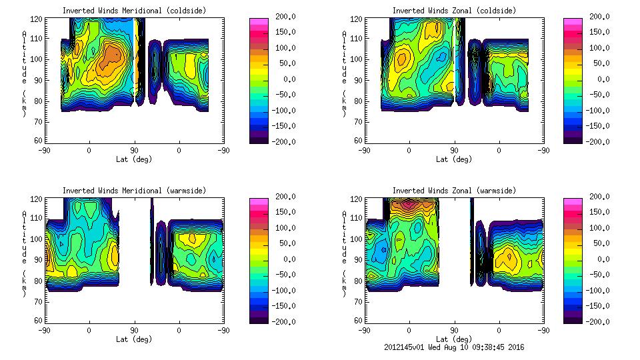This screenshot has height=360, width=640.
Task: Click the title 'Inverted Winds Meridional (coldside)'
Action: coord(134,11)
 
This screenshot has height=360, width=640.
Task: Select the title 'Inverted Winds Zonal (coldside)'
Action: coord(454,11)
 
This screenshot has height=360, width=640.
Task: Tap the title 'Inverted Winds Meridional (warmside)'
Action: coord(134,191)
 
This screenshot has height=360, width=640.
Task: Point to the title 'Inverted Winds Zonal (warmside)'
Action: coord(454,191)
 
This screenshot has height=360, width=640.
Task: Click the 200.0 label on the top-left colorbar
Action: coord(282,17)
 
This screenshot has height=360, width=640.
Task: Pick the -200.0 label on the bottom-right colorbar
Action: coord(597,321)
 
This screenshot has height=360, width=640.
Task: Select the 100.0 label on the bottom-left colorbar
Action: coord(282,228)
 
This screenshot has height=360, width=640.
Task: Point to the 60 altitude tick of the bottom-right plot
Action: coord(358,320)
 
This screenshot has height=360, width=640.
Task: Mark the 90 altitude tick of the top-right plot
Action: coord(358,80)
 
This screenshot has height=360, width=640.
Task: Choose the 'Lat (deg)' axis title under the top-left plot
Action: coord(134,159)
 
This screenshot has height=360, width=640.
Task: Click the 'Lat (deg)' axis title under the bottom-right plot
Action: coord(454,339)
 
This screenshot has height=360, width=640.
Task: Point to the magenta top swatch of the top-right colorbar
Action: coord(572,22)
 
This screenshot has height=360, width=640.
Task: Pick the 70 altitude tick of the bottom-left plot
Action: coord(38,301)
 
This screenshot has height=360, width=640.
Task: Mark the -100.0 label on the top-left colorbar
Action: coord(281,110)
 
